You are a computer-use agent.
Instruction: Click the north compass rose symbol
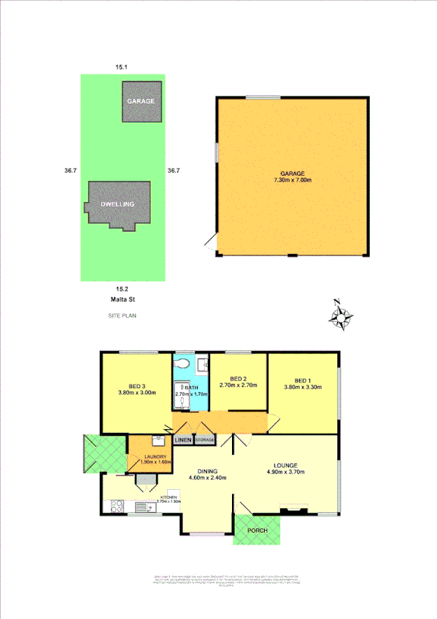tap(341, 316)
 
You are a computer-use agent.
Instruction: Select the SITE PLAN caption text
tap(123, 316)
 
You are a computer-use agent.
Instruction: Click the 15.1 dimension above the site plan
tap(122, 67)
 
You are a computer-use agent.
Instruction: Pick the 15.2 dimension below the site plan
tap(123, 289)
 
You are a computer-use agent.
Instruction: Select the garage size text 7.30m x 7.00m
tap(291, 180)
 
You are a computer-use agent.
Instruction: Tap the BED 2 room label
tap(239, 379)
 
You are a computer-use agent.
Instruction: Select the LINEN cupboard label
tap(182, 440)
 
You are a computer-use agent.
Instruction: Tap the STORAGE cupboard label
tap(204, 440)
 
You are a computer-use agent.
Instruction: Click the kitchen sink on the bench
tap(141, 505)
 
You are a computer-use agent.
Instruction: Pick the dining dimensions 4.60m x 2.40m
tap(206, 478)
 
